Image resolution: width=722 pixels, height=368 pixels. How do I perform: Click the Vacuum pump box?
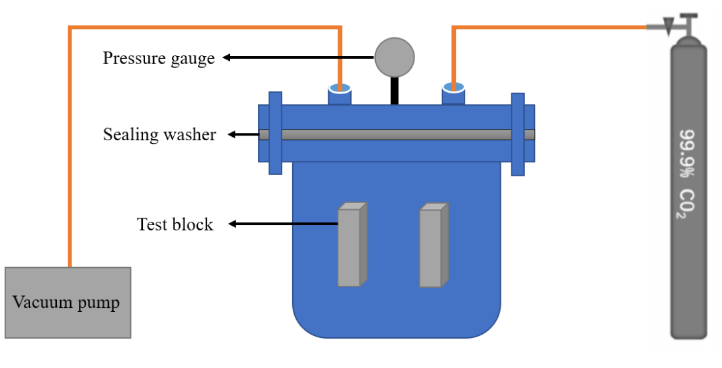pos(68,302)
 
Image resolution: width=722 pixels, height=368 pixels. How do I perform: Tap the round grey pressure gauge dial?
pos(394,57)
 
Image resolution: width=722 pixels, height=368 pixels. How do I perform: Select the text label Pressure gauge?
pos(158,58)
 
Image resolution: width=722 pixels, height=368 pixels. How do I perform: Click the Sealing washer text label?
pos(159,135)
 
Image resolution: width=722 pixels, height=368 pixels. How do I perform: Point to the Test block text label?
pos(175,224)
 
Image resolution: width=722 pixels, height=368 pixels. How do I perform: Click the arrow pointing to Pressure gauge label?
pos(297,57)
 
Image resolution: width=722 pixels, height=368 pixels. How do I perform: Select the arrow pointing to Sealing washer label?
pos(244,135)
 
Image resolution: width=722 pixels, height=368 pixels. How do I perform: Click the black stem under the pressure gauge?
pos(394,91)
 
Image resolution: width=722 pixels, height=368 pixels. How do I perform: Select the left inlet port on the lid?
pos(340,95)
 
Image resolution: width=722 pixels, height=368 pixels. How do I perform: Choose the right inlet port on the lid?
pos(454,95)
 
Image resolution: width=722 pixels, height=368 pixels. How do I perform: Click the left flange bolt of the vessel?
pos(275,134)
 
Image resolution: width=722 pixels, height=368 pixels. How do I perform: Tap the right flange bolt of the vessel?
pos(517,134)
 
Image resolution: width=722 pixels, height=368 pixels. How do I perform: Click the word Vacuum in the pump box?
pos(41,303)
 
